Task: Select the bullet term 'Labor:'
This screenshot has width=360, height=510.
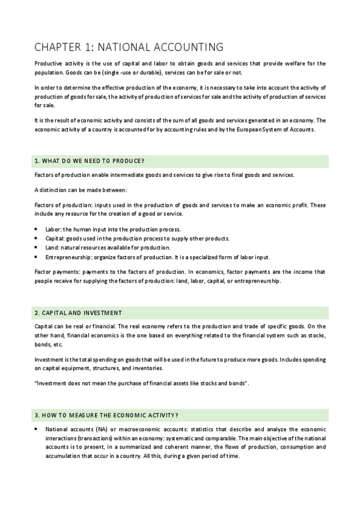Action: click(x=53, y=230)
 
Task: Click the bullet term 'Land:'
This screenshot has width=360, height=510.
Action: click(x=53, y=248)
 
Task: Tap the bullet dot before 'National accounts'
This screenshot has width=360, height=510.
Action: click(x=38, y=430)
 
